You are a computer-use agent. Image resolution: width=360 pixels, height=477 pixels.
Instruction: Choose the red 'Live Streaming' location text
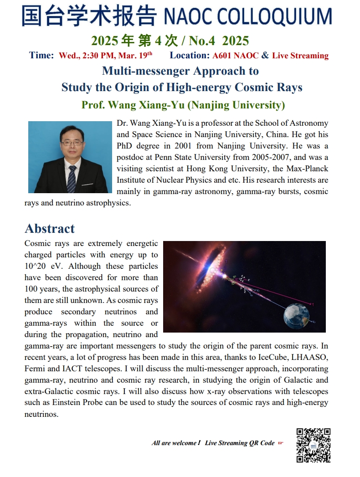coord(300,56)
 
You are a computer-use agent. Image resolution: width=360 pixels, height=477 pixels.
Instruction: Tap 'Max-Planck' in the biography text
coord(308,169)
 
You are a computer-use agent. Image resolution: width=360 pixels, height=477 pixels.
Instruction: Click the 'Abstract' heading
coord(50,228)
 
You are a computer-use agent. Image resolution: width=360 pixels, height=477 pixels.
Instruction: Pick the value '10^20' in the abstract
coord(35,266)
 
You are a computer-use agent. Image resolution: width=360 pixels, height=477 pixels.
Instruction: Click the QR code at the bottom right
coord(313,445)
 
